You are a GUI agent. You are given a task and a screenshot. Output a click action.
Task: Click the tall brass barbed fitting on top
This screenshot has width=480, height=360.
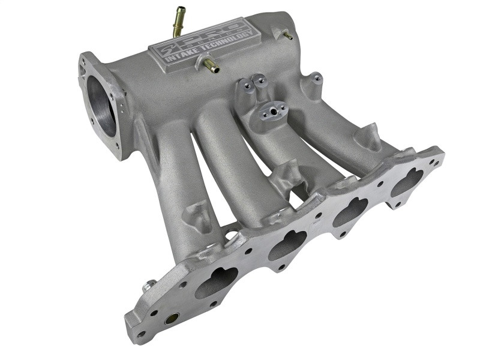[x=179, y=22]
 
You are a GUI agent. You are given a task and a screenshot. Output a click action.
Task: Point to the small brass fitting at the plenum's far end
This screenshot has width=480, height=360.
[x=287, y=35]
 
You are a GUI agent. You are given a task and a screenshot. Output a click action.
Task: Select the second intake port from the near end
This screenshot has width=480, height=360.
[x=287, y=244]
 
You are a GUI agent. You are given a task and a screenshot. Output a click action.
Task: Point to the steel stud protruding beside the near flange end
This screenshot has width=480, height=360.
[x=148, y=286]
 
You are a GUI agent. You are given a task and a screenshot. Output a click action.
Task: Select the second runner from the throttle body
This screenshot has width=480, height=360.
[x=222, y=162]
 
